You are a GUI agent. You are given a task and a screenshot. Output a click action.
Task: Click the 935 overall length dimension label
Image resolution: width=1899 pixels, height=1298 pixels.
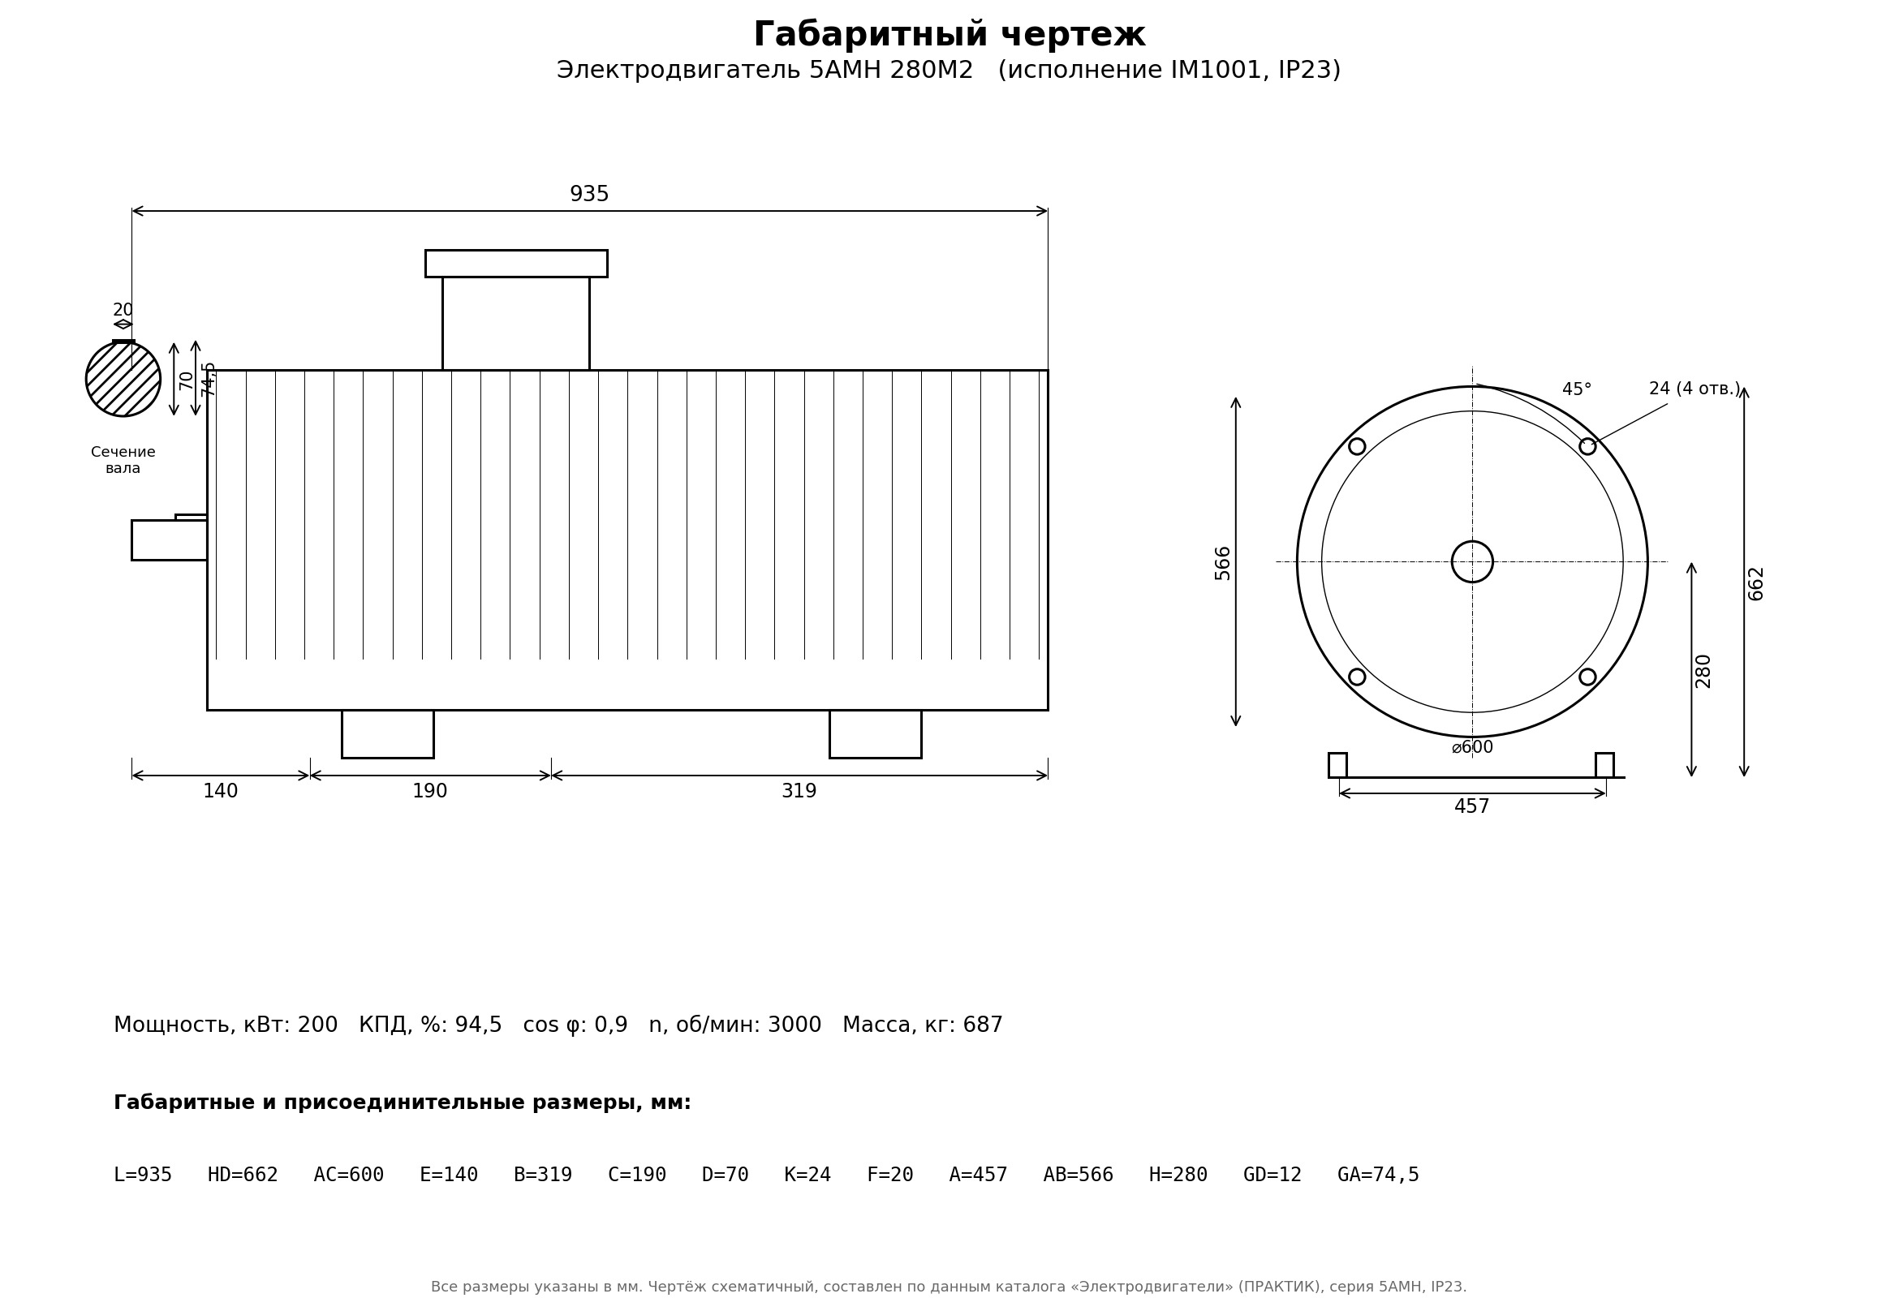pos(589,195)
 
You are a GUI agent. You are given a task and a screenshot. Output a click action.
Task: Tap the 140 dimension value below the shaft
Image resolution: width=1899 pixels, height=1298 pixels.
pos(221,792)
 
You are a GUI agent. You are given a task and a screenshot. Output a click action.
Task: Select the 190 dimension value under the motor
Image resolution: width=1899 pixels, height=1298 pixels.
pos(430,792)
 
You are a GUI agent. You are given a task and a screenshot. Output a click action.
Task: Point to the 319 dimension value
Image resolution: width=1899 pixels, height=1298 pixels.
pos(799,792)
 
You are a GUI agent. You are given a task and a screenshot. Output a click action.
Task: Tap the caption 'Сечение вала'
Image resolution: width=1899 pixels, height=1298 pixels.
pos(123,460)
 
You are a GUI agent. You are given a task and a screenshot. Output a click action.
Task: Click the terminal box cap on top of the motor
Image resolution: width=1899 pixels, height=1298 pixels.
pos(516,264)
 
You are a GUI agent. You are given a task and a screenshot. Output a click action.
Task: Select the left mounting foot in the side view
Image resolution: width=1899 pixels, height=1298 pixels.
pos(387,734)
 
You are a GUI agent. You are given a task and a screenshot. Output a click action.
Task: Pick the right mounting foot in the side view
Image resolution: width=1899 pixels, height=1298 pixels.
pos(875,734)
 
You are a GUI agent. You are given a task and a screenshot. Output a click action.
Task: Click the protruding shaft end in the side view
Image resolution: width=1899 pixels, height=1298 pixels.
pos(169,540)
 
